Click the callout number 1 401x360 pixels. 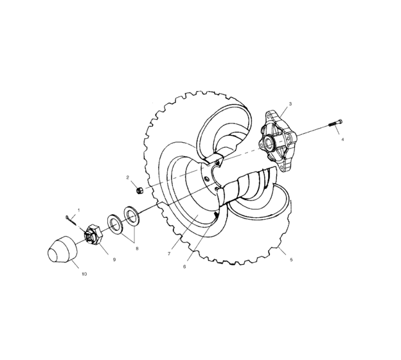pos(79,210)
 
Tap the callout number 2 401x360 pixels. pos(128,177)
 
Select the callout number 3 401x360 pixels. pos(290,103)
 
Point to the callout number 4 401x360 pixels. pos(343,139)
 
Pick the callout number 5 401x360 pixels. pos(291,260)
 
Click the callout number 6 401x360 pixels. pos(184,266)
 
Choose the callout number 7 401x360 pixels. pos(168,254)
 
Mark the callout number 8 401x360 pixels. pos(136,248)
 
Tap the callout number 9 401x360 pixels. pos(114,260)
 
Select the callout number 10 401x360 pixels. pos(84,274)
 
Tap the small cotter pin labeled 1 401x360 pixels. pos(71,219)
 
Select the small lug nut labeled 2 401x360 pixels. pos(139,190)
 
